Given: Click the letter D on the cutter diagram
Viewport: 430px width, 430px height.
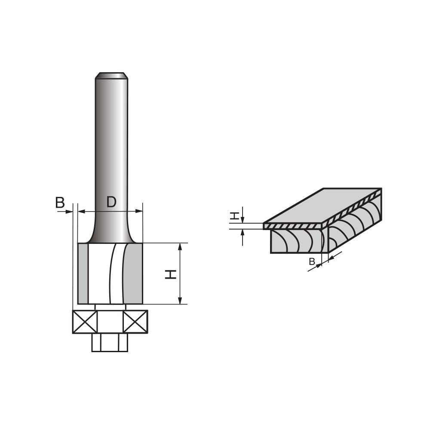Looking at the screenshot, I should (111, 202).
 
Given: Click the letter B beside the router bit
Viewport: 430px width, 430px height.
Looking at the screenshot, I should (60, 203).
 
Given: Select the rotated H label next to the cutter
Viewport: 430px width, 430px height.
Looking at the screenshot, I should (171, 274).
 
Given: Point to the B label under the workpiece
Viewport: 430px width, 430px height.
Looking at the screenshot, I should (312, 261).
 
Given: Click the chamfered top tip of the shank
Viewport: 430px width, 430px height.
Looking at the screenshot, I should (111, 76).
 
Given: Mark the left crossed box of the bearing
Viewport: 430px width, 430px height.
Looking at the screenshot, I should (85, 322).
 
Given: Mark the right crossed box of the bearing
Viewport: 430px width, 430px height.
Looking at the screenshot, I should (135, 322).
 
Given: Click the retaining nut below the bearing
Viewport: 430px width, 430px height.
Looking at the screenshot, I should (110, 342).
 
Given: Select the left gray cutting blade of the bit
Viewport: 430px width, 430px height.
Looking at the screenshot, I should (83, 273).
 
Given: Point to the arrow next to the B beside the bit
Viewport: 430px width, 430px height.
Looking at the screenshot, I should (68, 211).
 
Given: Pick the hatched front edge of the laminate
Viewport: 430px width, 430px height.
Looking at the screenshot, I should (292, 226).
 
